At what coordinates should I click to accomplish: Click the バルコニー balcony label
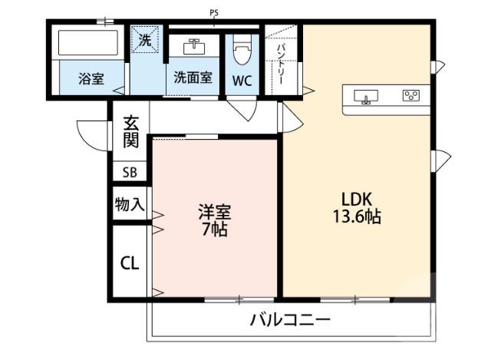(290, 319)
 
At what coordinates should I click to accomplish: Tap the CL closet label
(129, 263)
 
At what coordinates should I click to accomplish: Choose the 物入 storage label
(128, 204)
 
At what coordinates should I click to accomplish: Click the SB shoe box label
(129, 173)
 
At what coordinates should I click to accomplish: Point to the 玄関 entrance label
(131, 131)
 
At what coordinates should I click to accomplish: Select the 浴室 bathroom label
(91, 78)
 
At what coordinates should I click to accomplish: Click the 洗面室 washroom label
(193, 78)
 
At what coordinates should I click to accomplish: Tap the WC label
(242, 79)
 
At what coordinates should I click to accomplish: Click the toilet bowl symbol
(242, 51)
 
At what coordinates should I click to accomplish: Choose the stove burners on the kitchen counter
(411, 96)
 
